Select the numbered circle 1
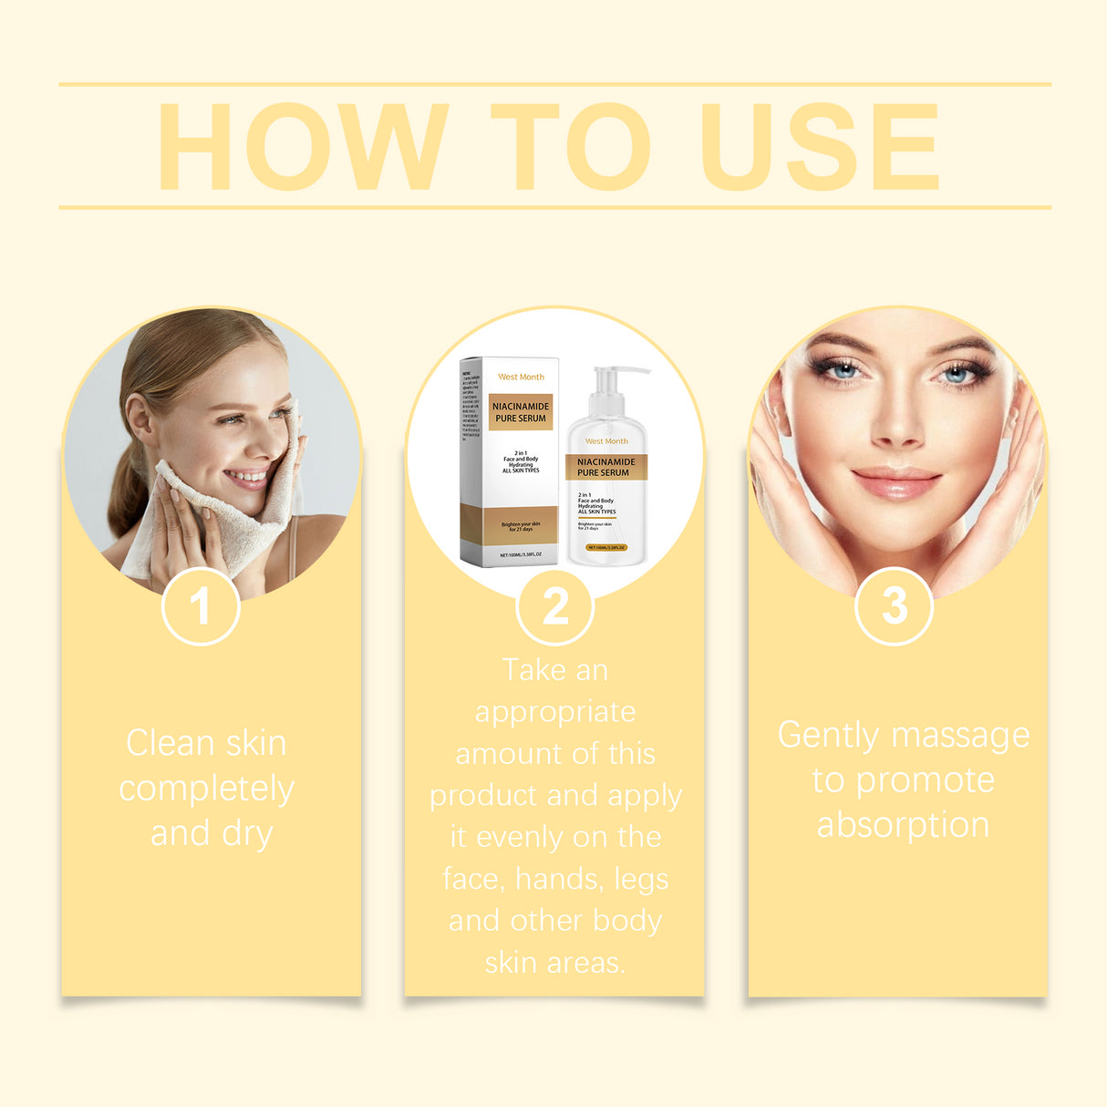(x=201, y=606)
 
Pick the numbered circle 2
(x=554, y=606)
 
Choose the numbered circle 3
(x=895, y=605)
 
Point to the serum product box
(x=510, y=461)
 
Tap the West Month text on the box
(x=521, y=377)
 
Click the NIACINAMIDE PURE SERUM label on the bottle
(x=605, y=468)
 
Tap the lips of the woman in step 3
(x=895, y=481)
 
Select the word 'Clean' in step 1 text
(x=170, y=743)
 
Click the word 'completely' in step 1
(x=207, y=789)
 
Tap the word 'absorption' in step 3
(x=903, y=824)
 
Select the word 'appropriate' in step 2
(x=554, y=712)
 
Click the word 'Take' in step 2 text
(x=534, y=670)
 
